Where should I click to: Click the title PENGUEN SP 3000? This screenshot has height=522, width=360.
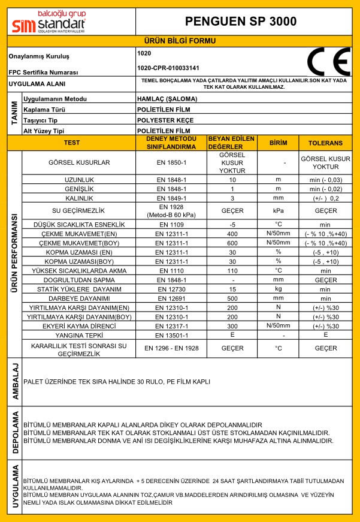tap(240, 22)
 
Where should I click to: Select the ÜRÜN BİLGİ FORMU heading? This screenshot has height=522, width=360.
tap(180, 41)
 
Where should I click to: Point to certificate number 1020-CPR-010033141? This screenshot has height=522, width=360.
tap(168, 68)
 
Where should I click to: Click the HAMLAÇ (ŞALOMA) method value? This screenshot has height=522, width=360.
tap(165, 99)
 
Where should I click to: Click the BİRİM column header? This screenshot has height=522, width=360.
tap(279, 143)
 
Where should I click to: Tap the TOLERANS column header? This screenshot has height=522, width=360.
tap(325, 143)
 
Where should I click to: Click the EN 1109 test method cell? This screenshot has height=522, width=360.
tap(172, 224)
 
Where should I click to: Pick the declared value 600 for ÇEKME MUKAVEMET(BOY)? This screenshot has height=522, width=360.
tap(232, 243)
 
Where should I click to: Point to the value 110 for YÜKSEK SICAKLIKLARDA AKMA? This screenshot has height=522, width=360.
tap(232, 270)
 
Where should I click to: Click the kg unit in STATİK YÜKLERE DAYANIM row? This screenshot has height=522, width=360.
tap(279, 289)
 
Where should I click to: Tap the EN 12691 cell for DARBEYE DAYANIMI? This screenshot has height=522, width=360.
tap(172, 298)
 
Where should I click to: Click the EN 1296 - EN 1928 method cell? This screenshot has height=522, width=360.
tap(172, 348)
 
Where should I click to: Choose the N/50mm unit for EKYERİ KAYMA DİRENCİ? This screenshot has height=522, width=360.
tap(279, 325)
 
